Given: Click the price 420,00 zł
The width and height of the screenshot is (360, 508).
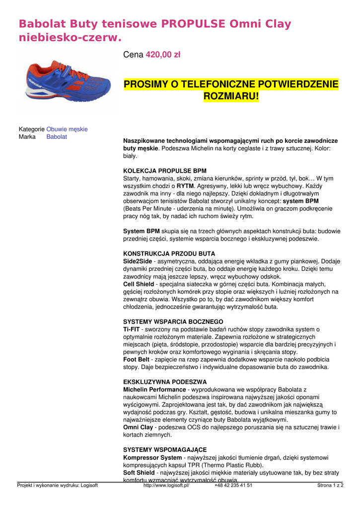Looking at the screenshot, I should (163, 55).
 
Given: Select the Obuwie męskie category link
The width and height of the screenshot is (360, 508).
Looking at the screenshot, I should (67, 129).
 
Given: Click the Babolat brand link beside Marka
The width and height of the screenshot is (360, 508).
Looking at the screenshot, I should (57, 136).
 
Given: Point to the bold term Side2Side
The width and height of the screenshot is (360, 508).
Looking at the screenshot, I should (138, 261).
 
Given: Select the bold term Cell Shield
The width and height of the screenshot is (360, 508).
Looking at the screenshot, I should (139, 284).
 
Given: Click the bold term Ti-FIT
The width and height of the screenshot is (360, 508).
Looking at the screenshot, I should (131, 329).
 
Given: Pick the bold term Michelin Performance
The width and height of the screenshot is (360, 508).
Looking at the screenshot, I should (154, 389).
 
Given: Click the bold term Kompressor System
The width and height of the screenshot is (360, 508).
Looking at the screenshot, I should (152, 457).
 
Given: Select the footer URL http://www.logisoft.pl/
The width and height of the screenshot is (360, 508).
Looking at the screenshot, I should (166, 485).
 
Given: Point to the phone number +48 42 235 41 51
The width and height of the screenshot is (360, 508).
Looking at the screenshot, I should (233, 485).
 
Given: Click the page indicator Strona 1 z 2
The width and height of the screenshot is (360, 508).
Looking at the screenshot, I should (330, 485).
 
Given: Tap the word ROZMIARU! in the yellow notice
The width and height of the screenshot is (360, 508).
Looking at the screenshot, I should (231, 96).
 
